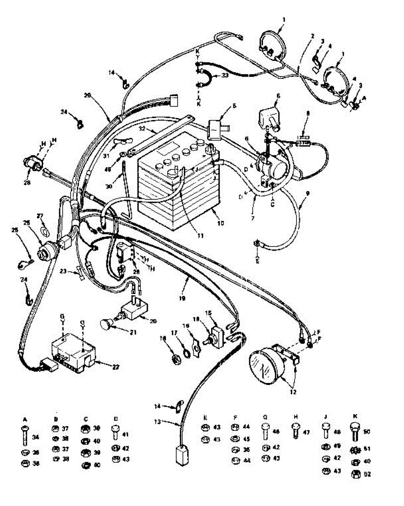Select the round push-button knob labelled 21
point(107,325)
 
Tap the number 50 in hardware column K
point(366,431)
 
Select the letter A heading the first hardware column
point(24,420)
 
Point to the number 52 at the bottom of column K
point(366,474)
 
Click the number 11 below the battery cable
point(200,236)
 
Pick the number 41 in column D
point(126,434)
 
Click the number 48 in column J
point(336,431)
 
